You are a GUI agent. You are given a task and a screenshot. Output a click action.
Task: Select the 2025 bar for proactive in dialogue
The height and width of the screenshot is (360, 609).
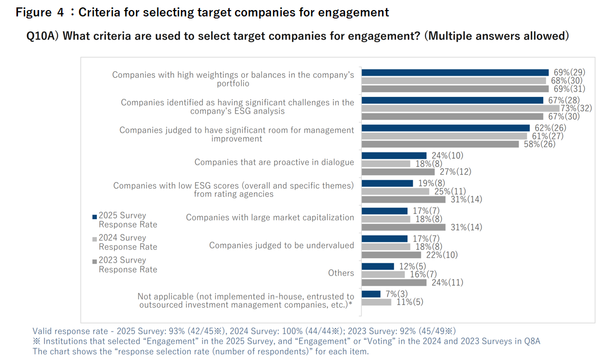(x=394, y=155)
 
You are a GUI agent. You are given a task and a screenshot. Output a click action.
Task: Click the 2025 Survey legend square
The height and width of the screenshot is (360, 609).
(x=95, y=216)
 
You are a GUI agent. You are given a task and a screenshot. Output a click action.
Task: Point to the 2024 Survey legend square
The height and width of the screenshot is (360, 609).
(x=95, y=238)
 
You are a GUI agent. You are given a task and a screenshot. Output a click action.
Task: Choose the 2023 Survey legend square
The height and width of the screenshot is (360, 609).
(x=95, y=260)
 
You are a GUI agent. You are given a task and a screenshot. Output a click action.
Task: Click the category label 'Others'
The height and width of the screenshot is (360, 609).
(x=341, y=273)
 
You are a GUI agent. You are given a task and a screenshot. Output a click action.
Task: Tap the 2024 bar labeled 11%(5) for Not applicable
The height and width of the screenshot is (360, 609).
(x=376, y=302)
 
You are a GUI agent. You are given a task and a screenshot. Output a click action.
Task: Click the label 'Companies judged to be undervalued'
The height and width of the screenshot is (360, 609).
(x=281, y=245)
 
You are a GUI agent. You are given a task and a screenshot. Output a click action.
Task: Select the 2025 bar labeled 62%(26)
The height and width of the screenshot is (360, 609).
(x=445, y=128)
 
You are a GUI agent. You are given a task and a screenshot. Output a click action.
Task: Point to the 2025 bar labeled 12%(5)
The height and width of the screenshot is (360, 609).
(x=377, y=266)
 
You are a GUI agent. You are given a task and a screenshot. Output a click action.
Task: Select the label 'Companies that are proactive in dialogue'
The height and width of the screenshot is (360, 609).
(x=274, y=162)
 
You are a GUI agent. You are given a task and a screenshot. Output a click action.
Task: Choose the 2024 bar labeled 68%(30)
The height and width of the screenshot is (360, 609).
(x=453, y=80)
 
